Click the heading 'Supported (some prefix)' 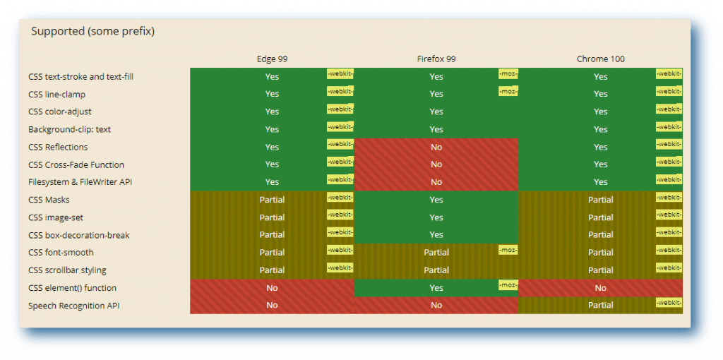tap(92, 32)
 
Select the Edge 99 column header tap(272, 59)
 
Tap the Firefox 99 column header tap(436, 59)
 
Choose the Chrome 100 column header tap(600, 59)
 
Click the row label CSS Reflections tap(58, 147)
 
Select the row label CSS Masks tap(49, 200)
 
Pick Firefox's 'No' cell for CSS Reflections tap(436, 147)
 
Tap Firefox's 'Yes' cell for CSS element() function tap(436, 288)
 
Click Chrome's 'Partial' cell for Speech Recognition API tap(600, 306)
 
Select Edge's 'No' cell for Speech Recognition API tap(272, 306)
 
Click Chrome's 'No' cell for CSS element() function tap(600, 288)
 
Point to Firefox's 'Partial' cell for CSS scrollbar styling tap(436, 270)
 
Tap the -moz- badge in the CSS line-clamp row tap(508, 91)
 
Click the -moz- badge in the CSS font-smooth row tap(508, 250)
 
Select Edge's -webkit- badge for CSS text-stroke tap(340, 73)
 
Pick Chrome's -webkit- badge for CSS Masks tap(669, 197)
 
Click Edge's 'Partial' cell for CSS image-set tap(272, 217)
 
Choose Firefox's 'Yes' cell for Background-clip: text tap(436, 129)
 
